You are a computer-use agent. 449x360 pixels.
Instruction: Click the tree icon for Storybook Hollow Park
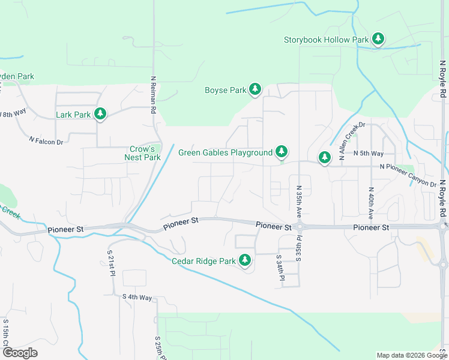378,39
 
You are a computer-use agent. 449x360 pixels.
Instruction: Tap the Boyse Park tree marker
255,89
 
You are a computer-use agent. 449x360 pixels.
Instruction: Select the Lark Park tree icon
100,113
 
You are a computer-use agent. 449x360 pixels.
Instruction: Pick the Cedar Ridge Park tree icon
245,260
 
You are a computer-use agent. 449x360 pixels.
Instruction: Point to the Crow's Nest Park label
142,153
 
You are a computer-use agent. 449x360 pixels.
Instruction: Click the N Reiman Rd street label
154,95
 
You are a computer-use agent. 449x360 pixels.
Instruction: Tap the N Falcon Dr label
46,140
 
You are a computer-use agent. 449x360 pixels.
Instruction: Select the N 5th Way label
369,154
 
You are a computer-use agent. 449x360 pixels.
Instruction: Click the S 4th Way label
137,297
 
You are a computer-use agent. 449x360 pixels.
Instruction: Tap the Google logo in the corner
20,353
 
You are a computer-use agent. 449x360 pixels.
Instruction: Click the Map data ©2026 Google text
411,355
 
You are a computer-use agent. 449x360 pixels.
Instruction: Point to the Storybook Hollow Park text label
326,40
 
